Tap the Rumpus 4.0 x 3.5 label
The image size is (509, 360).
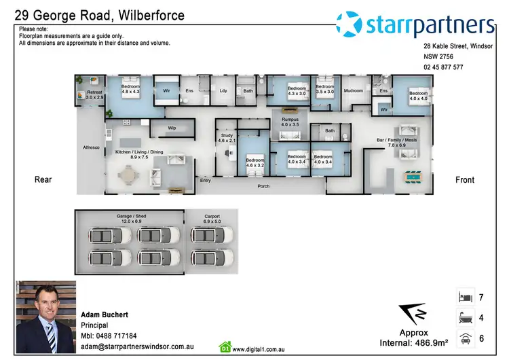coord(290,122)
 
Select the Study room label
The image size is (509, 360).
coord(226,138)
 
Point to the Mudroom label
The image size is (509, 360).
coord(353,90)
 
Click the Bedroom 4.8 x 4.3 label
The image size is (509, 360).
coord(131,89)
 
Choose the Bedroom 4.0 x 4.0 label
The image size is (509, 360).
coord(418,96)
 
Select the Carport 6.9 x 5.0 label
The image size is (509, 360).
coord(212,219)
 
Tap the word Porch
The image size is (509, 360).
coord(264,185)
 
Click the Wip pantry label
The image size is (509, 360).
coord(172,127)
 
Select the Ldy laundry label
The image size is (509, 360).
coord(223,90)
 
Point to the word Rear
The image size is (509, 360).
coord(43,180)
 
